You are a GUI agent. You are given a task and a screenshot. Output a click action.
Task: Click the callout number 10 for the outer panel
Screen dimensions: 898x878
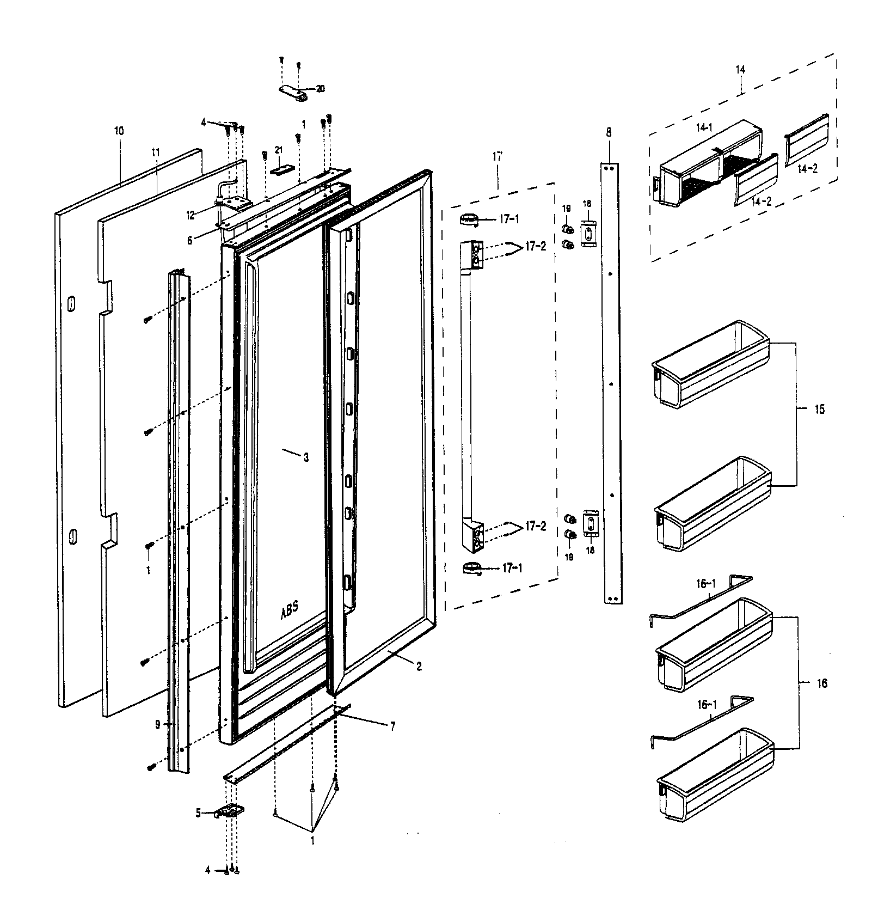pyautogui.click(x=119, y=131)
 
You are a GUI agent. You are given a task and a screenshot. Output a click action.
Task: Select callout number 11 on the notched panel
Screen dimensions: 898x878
pyautogui.click(x=156, y=152)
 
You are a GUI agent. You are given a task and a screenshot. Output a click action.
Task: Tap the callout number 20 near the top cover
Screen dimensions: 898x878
pyautogui.click(x=320, y=89)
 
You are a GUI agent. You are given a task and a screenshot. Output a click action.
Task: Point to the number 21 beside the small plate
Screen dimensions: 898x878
pyautogui.click(x=279, y=150)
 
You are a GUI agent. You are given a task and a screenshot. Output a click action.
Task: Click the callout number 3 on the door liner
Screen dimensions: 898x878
pyautogui.click(x=306, y=458)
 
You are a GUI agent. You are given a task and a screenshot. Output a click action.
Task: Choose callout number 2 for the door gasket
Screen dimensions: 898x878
pyautogui.click(x=419, y=666)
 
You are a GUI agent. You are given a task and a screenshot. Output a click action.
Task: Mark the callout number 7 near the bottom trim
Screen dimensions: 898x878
pyautogui.click(x=392, y=726)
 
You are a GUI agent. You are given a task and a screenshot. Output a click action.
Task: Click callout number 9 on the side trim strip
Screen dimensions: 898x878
pyautogui.click(x=157, y=725)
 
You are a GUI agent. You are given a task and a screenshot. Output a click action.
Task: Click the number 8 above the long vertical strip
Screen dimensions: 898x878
pyautogui.click(x=609, y=132)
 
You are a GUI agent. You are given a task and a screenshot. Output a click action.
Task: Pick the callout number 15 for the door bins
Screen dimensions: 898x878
pyautogui.click(x=819, y=410)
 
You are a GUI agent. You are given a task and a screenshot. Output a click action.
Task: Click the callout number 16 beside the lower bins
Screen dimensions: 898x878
pyautogui.click(x=821, y=683)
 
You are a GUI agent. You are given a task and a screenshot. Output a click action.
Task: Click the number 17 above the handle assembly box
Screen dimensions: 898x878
pyautogui.click(x=498, y=156)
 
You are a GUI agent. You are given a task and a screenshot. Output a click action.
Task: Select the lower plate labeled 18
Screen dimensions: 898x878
pyautogui.click(x=591, y=524)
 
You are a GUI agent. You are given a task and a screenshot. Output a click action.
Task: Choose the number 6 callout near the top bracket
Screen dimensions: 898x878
pyautogui.click(x=189, y=240)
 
